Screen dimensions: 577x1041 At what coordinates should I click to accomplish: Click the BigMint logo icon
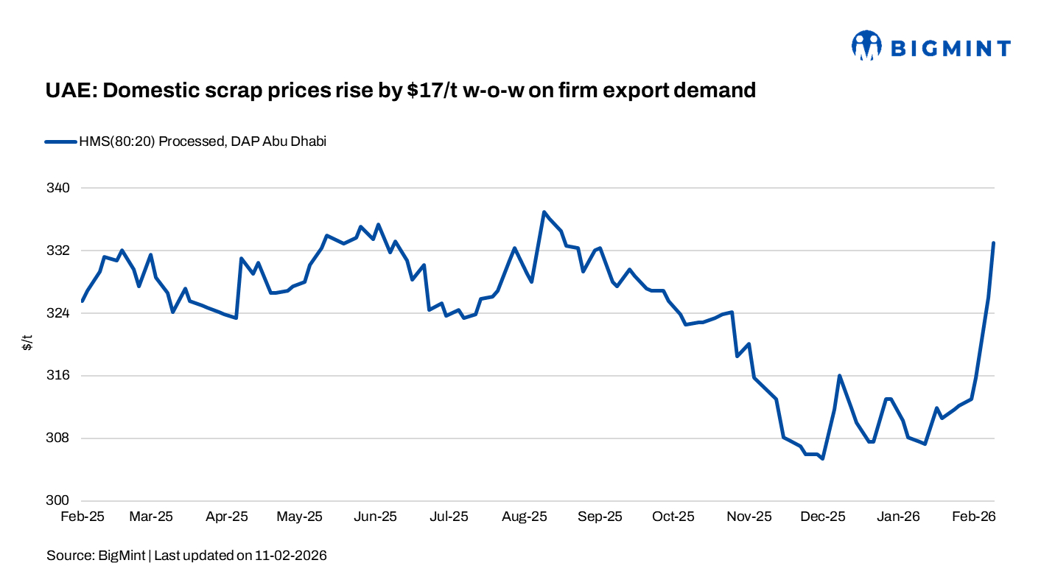coord(866,46)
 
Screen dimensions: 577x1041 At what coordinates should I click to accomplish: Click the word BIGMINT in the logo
coord(951,49)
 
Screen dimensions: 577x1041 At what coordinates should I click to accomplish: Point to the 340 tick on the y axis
coord(57,188)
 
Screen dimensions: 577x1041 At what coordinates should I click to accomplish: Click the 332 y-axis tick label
coord(57,251)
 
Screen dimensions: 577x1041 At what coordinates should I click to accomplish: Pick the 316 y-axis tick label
coord(57,376)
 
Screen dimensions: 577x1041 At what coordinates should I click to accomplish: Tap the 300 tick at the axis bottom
coord(57,501)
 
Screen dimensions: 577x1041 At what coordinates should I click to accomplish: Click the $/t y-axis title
coord(27,343)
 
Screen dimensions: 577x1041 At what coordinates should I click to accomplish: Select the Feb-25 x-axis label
coord(82,517)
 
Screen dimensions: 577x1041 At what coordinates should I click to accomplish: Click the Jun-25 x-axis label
coord(375,517)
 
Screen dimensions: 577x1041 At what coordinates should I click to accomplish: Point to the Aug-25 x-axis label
coord(525,517)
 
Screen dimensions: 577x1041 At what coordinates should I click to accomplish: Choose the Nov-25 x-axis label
coord(749,517)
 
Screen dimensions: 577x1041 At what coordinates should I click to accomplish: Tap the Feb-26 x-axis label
coord(974,517)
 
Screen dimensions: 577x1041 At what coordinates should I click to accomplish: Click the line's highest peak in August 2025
coord(544,212)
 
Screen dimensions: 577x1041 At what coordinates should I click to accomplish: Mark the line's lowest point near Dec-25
coord(822,458)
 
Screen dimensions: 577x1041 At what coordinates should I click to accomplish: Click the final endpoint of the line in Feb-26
coord(994,243)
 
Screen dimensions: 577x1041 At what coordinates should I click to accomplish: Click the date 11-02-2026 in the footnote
coord(291,555)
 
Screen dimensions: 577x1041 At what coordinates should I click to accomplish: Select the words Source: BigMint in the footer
coord(96,555)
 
